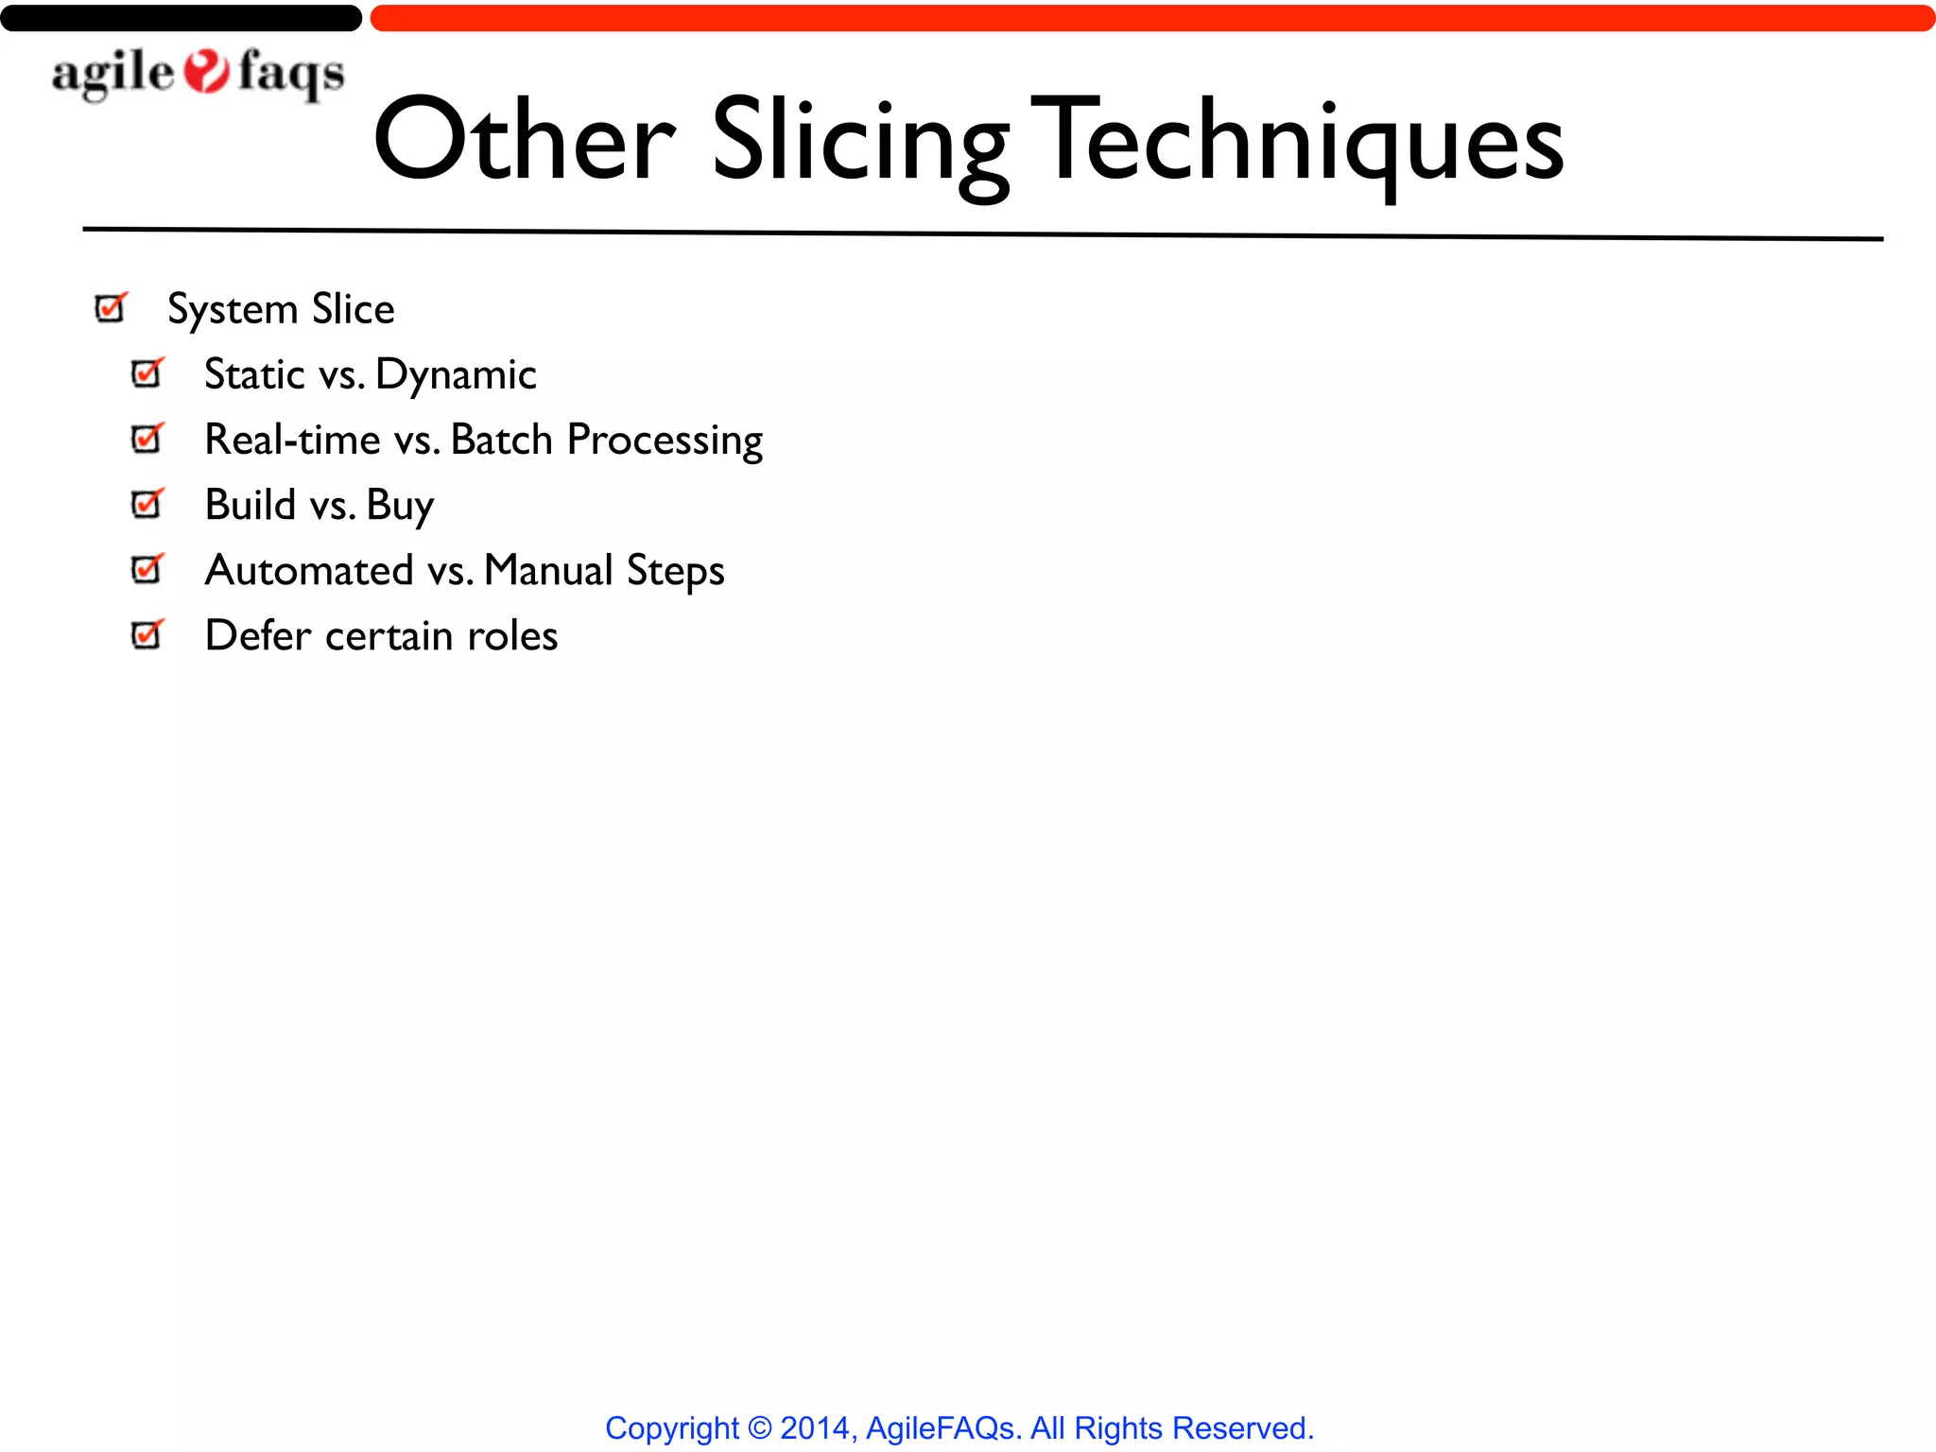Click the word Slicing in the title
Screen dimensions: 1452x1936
(860, 142)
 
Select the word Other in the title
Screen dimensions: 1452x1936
(525, 142)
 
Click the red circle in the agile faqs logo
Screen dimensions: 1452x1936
(206, 72)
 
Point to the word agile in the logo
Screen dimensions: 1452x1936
(112, 74)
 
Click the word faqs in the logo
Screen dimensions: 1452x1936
(291, 74)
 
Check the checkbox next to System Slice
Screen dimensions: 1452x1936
(111, 308)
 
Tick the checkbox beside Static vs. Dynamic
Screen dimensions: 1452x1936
(147, 373)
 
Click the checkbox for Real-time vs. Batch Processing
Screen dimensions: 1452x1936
(147, 439)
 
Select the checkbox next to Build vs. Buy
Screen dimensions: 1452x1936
(147, 504)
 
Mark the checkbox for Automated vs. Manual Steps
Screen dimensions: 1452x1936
(147, 569)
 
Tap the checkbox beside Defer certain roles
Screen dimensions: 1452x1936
(147, 634)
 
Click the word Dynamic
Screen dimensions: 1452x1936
(456, 375)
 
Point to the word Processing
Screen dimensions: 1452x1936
(665, 441)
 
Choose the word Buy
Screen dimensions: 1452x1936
(400, 506)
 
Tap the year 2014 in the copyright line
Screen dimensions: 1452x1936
(815, 1427)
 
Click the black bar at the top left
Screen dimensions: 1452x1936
(181, 18)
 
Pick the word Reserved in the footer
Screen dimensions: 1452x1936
(1241, 1427)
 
